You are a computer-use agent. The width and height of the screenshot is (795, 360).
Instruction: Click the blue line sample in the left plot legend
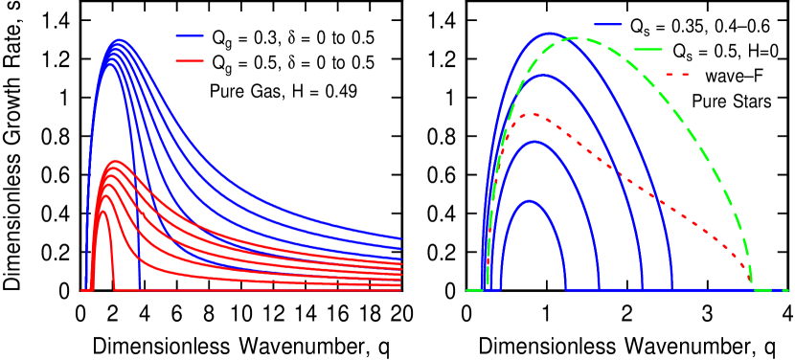(190, 35)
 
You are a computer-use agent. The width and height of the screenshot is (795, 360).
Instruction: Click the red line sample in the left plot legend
(190, 61)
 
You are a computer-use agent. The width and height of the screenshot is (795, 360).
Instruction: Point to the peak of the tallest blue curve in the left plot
(120, 40)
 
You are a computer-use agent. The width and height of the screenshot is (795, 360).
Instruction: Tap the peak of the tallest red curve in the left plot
(115, 162)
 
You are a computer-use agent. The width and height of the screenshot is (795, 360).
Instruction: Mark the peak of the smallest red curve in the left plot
(102, 212)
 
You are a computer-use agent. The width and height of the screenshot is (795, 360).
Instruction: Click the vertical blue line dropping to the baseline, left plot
(140, 259)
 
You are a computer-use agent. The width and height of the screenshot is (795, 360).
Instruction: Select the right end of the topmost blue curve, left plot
(400, 237)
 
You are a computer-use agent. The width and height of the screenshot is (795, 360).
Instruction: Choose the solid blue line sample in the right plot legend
(607, 24)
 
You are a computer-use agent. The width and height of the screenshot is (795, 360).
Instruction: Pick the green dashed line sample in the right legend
(647, 49)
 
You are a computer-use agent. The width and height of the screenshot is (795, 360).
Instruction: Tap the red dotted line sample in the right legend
(677, 74)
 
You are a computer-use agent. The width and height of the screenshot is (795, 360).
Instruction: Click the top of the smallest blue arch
(528, 201)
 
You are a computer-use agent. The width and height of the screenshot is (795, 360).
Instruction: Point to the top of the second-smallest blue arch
(534, 142)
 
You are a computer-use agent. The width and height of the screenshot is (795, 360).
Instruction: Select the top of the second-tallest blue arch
(541, 76)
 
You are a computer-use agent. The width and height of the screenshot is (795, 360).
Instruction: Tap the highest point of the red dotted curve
(533, 115)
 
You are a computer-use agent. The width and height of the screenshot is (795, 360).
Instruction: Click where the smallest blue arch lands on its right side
(566, 288)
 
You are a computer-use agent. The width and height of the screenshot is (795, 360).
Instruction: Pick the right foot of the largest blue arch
(671, 288)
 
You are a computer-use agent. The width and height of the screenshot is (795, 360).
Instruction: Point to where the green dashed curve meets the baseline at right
(752, 286)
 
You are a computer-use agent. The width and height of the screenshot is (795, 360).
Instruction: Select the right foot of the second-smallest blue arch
(599, 288)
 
